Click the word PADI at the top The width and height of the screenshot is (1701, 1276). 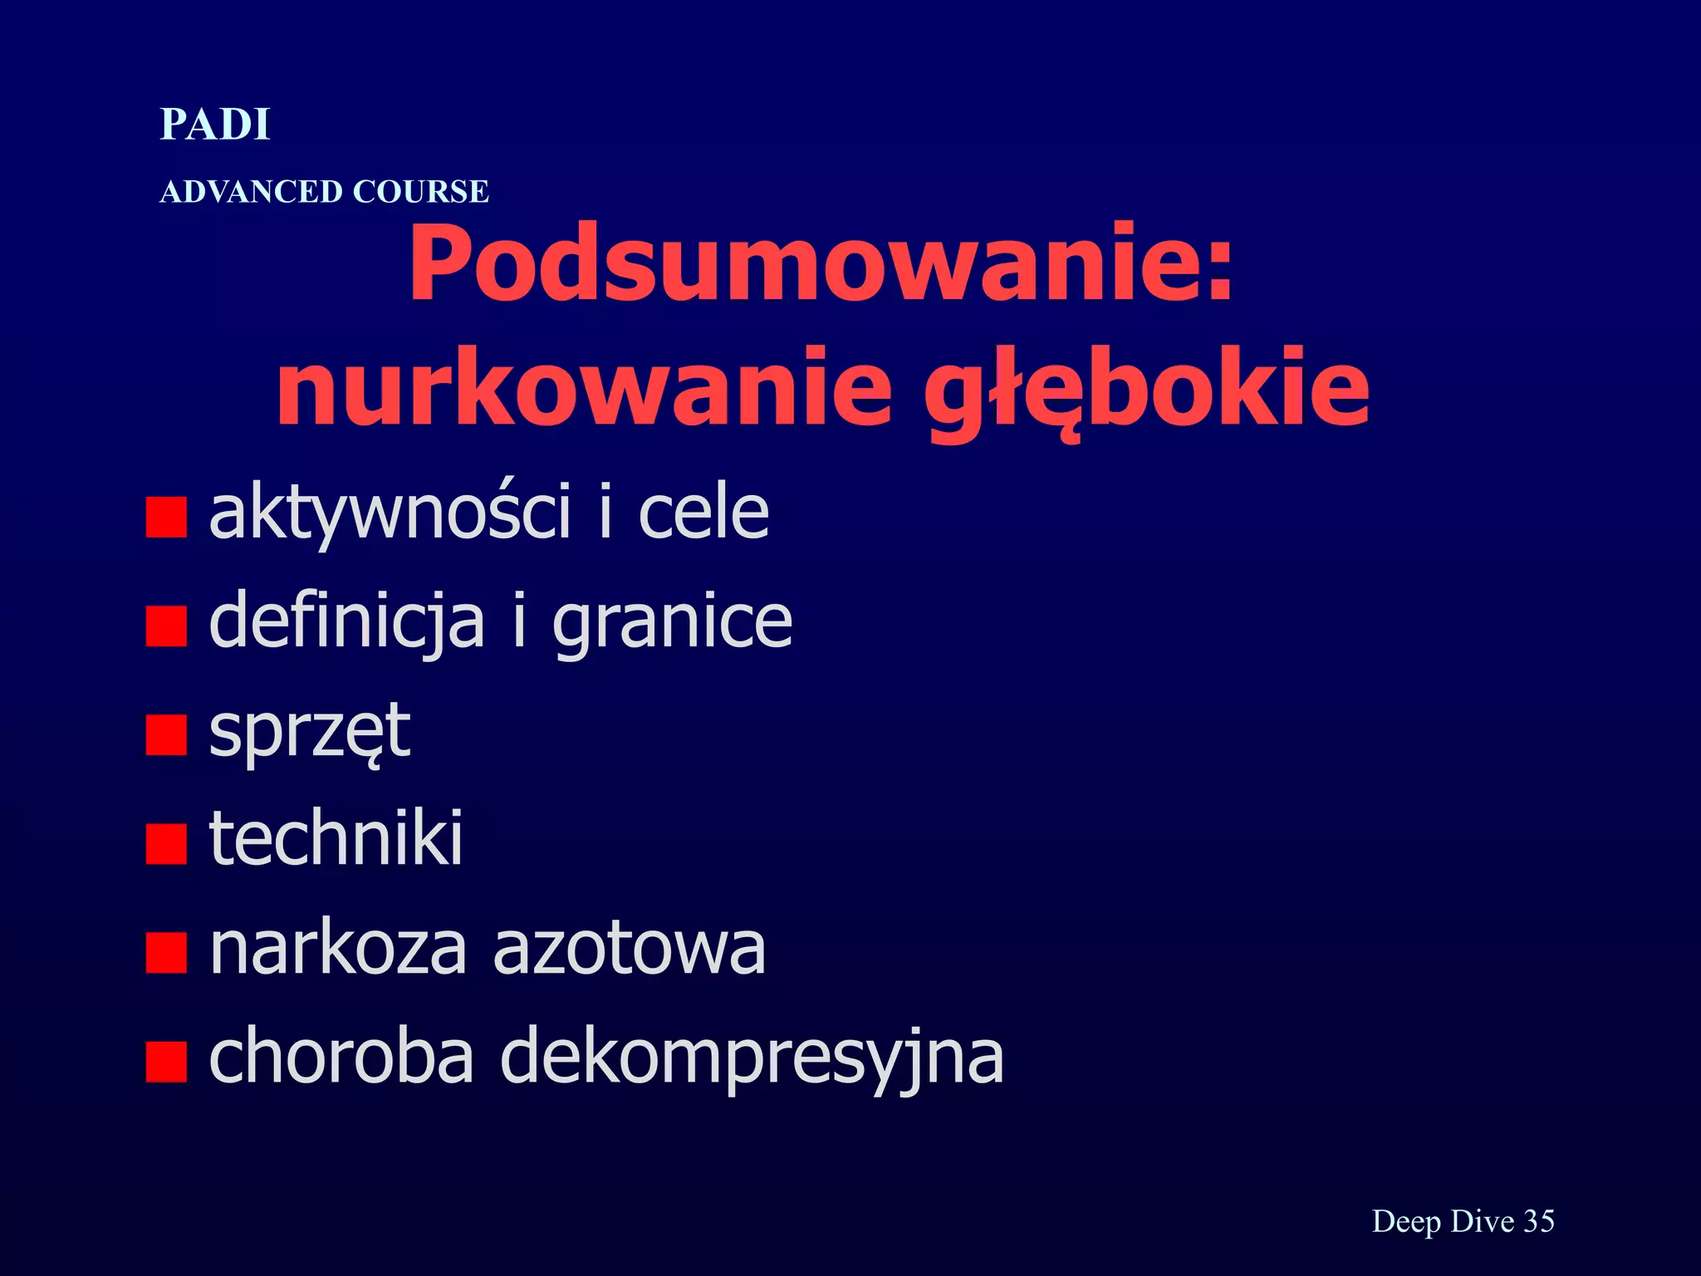(x=215, y=125)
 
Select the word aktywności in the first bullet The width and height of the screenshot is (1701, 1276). (x=390, y=513)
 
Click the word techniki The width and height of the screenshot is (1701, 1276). (x=336, y=839)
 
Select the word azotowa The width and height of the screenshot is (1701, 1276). (x=629, y=950)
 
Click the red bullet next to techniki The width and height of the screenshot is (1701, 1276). (x=165, y=844)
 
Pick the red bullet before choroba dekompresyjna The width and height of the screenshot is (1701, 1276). (x=165, y=1062)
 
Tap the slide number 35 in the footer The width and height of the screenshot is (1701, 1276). (x=1538, y=1221)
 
